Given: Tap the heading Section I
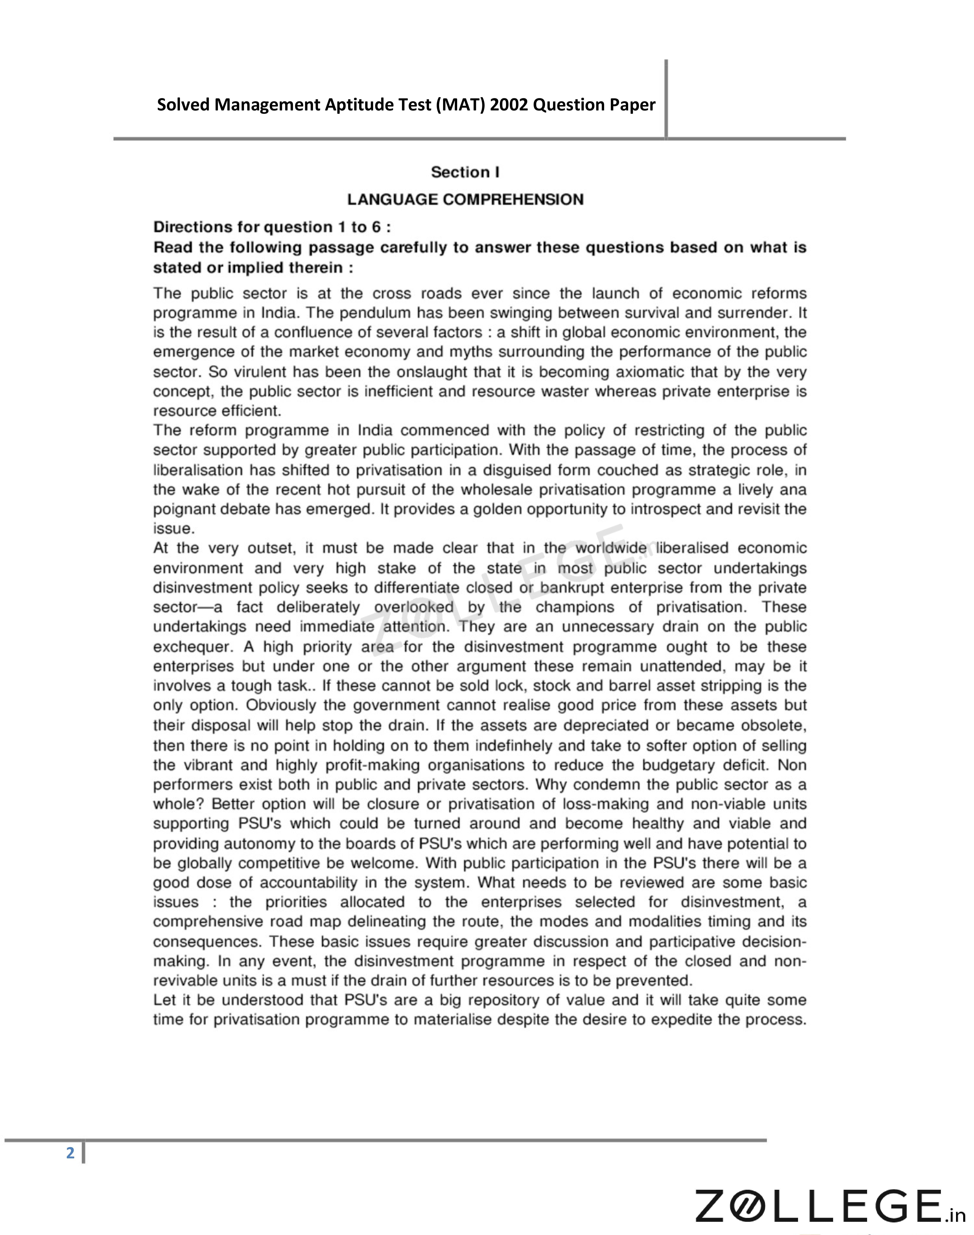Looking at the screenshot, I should click(465, 172).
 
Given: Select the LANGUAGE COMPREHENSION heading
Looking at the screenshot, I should click(465, 200).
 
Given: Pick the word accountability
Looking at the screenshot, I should click(308, 883).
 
